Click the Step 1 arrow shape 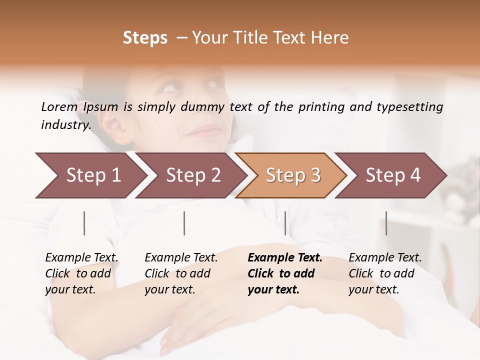(90, 175)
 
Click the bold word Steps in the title (145, 38)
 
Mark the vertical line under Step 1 (84, 223)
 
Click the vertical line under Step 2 (184, 223)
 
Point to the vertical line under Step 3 (285, 223)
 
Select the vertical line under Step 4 (386, 223)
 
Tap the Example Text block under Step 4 (385, 273)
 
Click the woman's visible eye (170, 88)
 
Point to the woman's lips (204, 132)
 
